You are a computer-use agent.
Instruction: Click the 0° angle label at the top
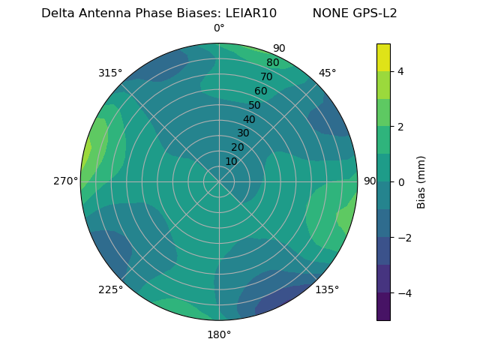point(219,28)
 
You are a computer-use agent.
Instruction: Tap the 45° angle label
point(328,73)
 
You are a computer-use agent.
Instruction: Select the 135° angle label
point(327,289)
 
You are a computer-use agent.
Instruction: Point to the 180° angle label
point(219,334)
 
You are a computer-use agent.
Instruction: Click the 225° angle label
point(110,289)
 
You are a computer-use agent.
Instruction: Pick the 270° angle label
point(65,181)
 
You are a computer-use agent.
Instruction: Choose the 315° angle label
point(110,73)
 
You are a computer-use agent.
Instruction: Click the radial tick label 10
point(231,161)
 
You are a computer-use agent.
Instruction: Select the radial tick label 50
point(255,106)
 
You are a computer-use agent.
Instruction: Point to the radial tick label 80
point(273,63)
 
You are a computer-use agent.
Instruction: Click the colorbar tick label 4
point(400,71)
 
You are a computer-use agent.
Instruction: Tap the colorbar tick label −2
point(403,238)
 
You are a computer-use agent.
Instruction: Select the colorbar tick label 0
point(400,182)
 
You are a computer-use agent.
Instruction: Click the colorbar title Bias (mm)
point(421,182)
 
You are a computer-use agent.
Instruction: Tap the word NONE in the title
point(327,13)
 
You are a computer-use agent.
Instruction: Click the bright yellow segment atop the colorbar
point(383,57)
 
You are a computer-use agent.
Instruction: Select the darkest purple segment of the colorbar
point(383,307)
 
